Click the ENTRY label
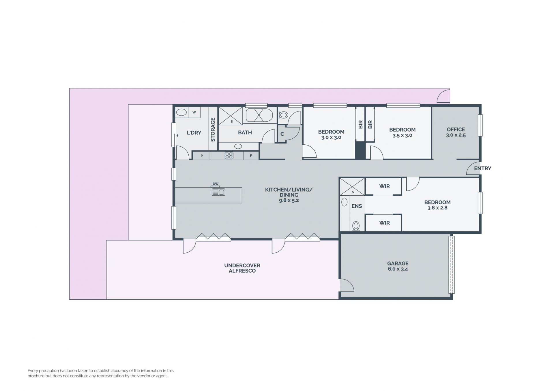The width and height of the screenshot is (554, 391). (x=482, y=168)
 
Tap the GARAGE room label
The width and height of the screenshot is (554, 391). (x=398, y=263)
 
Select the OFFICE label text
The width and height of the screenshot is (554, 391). (x=456, y=129)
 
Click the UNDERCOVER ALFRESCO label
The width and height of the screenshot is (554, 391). (x=242, y=268)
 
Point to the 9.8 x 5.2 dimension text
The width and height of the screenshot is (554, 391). (x=289, y=200)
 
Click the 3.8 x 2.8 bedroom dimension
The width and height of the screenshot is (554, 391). (x=437, y=208)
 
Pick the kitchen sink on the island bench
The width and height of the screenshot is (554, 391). (x=218, y=192)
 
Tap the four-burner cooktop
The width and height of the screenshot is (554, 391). (x=229, y=156)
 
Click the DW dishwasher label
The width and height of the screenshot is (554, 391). (x=216, y=184)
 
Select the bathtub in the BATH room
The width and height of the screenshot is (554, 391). (x=259, y=115)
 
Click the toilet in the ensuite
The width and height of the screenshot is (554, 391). (x=356, y=226)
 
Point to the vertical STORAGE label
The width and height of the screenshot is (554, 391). (x=213, y=130)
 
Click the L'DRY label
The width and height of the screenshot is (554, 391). (x=194, y=133)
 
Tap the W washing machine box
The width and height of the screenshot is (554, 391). (x=194, y=112)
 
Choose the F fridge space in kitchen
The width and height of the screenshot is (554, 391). (x=251, y=156)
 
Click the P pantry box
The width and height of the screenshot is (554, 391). (x=201, y=156)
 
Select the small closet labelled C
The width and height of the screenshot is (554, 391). (x=282, y=134)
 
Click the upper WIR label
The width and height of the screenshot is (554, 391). (x=384, y=186)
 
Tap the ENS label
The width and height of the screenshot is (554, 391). (x=357, y=206)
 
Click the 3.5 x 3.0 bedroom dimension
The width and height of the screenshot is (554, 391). (x=402, y=135)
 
